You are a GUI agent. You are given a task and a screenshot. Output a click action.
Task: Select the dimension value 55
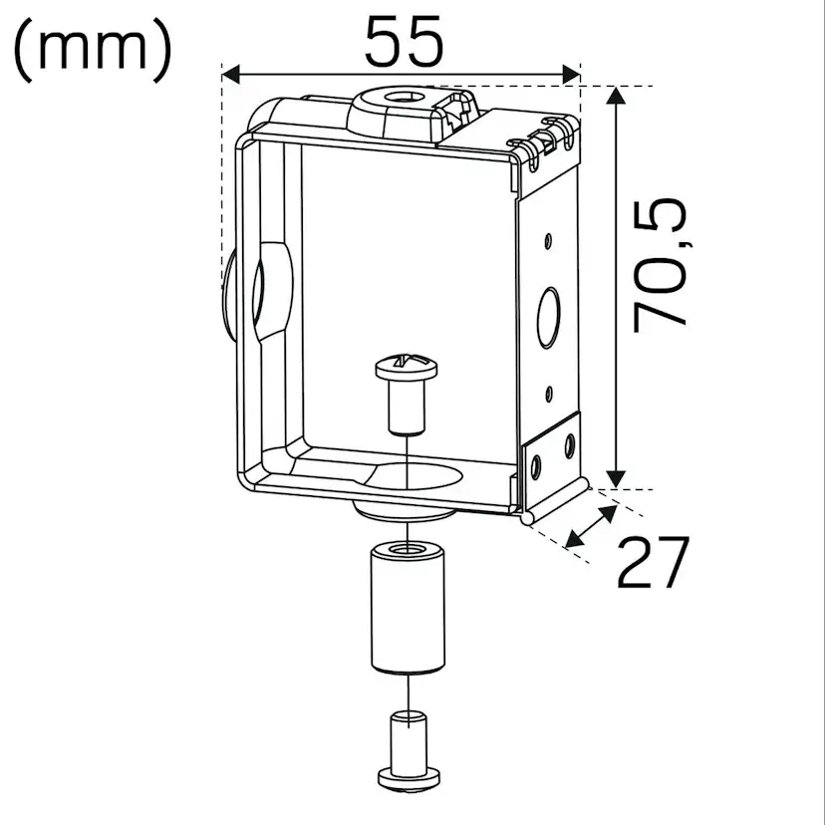tap(403, 42)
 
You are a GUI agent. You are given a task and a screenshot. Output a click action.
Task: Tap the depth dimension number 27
tap(653, 563)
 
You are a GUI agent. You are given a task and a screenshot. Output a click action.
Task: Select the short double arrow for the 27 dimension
tap(589, 526)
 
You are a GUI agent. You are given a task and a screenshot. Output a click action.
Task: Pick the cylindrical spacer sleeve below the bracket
tap(406, 607)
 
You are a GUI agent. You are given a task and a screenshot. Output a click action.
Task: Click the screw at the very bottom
tap(406, 752)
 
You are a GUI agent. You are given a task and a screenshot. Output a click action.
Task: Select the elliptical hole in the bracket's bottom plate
tap(418, 477)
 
